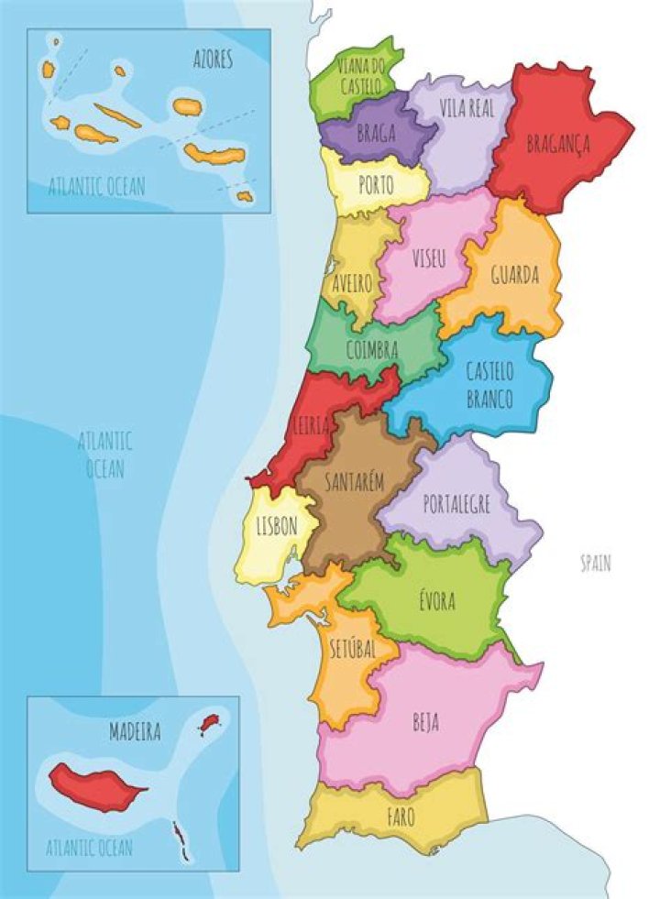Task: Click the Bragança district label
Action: pyautogui.click(x=557, y=144)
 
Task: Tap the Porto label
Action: pyautogui.click(x=376, y=186)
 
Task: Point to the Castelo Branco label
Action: pyautogui.click(x=489, y=385)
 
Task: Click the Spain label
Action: pyautogui.click(x=595, y=564)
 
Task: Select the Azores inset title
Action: pyautogui.click(x=212, y=60)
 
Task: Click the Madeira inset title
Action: pyautogui.click(x=135, y=732)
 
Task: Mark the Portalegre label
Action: pyautogui.click(x=456, y=504)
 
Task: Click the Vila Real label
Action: pyautogui.click(x=467, y=108)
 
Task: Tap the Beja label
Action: pyautogui.click(x=425, y=722)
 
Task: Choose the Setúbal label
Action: pyautogui.click(x=353, y=649)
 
